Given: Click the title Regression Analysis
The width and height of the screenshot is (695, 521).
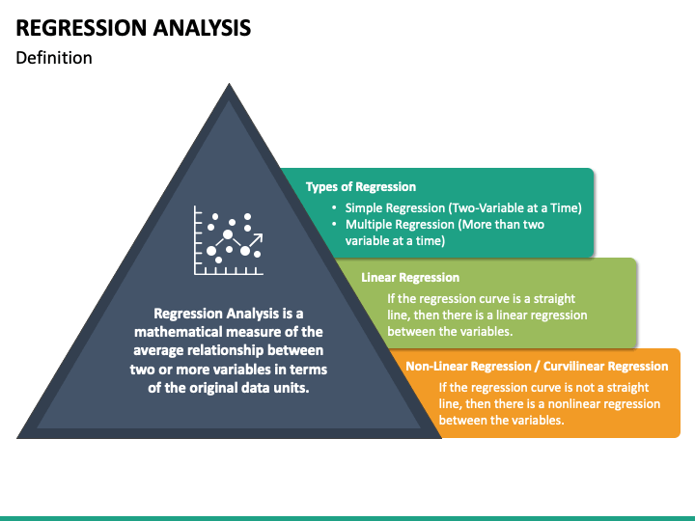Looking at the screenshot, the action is (133, 27).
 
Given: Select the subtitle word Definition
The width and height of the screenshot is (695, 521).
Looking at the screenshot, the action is (54, 58).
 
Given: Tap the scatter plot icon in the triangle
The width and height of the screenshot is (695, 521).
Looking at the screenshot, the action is (229, 240).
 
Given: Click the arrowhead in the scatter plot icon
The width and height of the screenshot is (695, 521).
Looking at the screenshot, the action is (258, 238).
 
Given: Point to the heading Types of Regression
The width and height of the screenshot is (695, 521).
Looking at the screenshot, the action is (361, 187).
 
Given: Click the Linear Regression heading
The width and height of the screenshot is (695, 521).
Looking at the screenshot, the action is (410, 277).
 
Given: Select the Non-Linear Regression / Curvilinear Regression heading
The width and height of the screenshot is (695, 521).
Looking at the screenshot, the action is (537, 367).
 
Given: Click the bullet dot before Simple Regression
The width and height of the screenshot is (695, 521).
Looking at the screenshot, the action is (334, 207).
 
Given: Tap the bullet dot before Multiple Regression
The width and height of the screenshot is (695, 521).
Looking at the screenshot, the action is (334, 224).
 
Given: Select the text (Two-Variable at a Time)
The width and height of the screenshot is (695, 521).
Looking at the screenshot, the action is (515, 208).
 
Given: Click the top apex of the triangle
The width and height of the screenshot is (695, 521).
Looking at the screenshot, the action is (229, 83).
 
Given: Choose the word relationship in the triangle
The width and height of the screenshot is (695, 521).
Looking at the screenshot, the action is (225, 350).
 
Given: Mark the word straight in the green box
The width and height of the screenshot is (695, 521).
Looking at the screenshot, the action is (554, 299).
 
